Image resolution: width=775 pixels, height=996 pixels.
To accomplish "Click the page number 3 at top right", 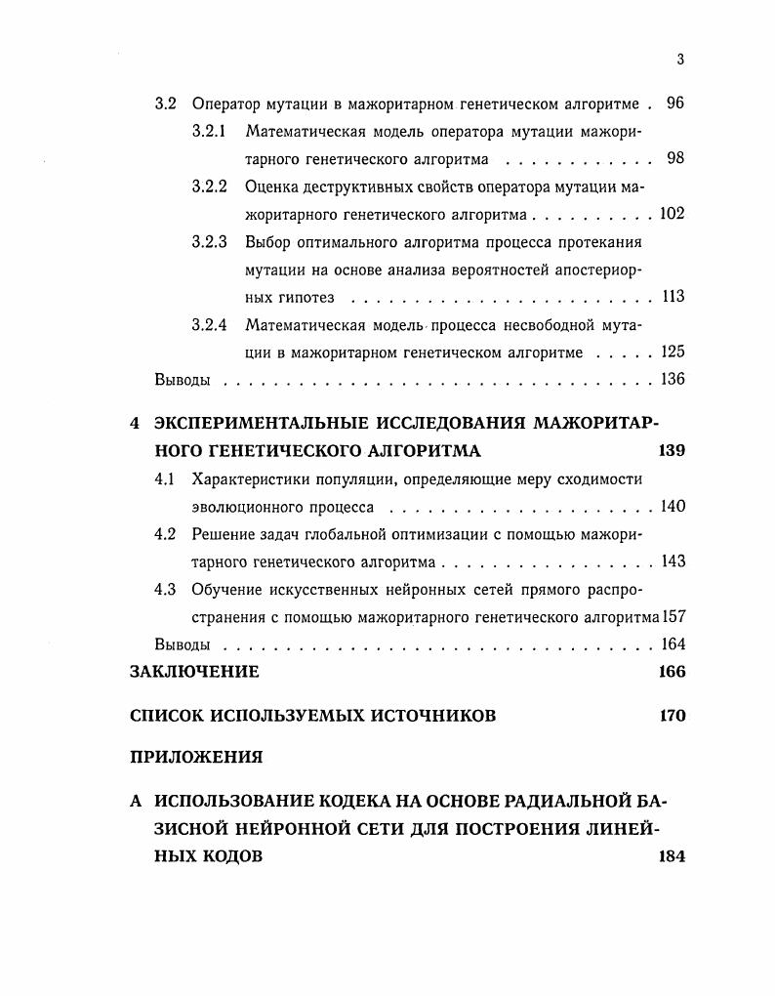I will coord(680,59).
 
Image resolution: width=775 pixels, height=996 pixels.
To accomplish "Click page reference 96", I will coord(675,104).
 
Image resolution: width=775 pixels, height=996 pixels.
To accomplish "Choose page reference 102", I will coord(672,214).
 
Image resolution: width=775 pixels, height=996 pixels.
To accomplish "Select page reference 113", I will coord(673,297).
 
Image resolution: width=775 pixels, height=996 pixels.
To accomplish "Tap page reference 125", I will coord(673,353).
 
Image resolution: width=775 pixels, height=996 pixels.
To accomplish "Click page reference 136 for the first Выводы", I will coord(673,380).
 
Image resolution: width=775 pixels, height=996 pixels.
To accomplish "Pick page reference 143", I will coord(673,561).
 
